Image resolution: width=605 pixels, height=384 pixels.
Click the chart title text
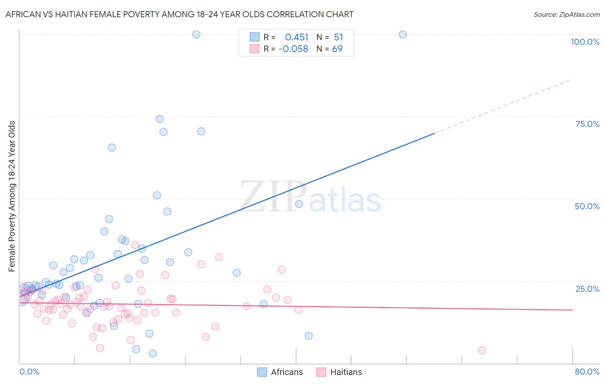179,14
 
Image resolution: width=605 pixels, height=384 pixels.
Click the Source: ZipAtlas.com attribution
566,14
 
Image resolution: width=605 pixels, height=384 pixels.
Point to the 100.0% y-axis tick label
585,42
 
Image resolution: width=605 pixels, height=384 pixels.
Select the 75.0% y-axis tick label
587,124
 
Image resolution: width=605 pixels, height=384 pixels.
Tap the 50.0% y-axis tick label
587,206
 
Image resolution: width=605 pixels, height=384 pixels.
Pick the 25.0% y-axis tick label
587,289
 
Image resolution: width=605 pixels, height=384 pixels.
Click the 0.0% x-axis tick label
29,372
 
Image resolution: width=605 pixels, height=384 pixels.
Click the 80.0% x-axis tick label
587,372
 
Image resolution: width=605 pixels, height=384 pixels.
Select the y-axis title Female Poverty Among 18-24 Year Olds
12,196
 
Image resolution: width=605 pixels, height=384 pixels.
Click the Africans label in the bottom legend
287,372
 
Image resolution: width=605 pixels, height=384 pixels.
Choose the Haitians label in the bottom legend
346,372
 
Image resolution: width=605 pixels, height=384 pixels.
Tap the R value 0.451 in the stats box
296,37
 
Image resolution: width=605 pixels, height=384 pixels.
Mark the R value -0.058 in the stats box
293,49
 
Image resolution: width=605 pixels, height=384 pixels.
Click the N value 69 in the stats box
337,49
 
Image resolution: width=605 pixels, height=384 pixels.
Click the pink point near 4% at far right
482,350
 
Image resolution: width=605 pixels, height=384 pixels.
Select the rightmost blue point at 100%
403,34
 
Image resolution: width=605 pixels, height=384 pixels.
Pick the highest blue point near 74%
160,119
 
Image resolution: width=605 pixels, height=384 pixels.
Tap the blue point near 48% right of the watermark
299,204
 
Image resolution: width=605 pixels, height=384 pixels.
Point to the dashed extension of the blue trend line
503,106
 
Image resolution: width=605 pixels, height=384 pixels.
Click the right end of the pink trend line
572,310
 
